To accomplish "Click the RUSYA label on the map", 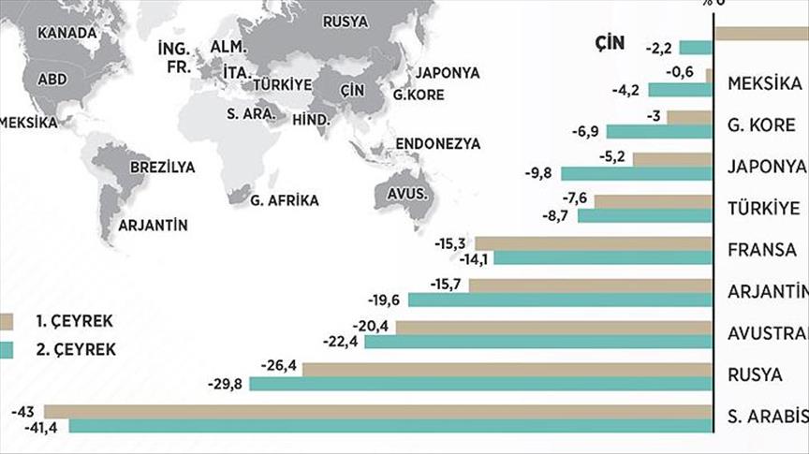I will point(345,22).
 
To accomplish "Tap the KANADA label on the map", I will point(66,33).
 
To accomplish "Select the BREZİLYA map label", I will point(163,168).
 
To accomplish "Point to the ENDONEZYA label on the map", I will point(437,144).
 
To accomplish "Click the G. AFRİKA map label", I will point(285,199).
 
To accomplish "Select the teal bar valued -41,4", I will point(390,426).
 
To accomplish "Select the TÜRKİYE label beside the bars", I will point(763,208).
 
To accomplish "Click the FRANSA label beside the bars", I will point(761,250).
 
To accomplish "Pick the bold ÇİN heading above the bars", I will point(609,44).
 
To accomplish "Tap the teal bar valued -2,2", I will point(694,48).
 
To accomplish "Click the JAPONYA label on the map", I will point(448,72).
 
